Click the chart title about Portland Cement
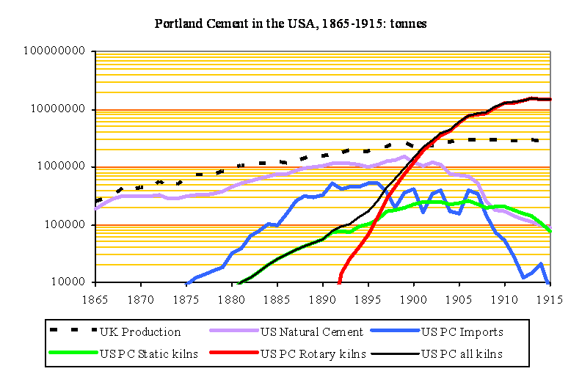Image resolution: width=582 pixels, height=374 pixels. (x=291, y=23)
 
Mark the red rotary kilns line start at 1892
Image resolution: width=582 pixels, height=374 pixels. (x=339, y=281)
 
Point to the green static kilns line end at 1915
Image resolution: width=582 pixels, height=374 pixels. (x=550, y=231)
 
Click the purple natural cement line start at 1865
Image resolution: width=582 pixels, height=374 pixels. (x=95, y=208)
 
